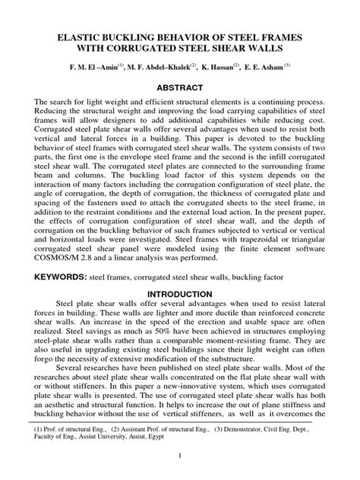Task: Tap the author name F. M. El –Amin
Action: point(94,67)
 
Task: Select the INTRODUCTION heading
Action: point(180,293)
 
